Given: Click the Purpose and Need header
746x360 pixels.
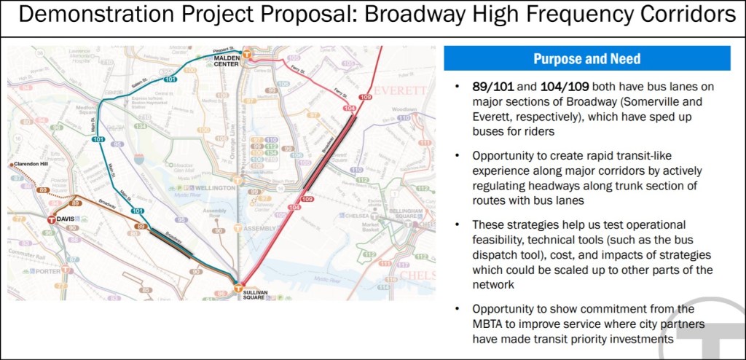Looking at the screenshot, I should (586, 59).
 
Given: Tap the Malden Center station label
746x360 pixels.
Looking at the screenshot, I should (232, 61).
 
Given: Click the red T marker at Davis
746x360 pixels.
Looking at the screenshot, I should (51, 219).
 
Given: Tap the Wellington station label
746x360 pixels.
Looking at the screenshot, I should (216, 187).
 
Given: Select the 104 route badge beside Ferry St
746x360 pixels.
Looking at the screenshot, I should (350, 107).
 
